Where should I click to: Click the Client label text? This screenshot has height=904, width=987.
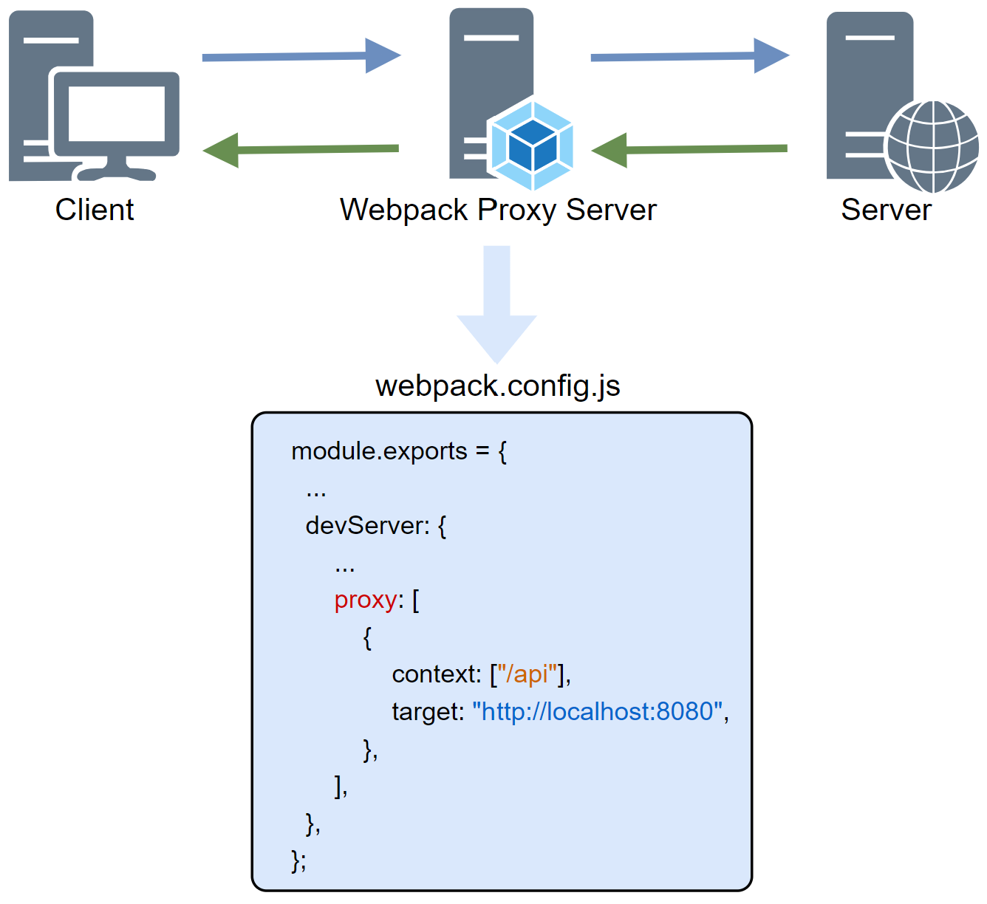(95, 210)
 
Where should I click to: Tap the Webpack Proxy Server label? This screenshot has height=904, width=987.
(497, 210)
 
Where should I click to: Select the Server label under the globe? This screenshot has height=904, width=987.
(886, 210)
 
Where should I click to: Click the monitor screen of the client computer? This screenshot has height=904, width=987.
(116, 114)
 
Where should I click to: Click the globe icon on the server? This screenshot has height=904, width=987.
(933, 146)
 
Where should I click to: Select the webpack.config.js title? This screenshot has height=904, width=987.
(497, 386)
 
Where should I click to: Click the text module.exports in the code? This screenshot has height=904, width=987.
(379, 451)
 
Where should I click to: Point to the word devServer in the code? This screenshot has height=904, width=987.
(367, 526)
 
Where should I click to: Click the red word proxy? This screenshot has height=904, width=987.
(366, 600)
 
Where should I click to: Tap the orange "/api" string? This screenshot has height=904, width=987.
(527, 674)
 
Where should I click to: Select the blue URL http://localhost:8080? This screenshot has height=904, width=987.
(597, 711)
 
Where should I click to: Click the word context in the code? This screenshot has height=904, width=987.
(436, 674)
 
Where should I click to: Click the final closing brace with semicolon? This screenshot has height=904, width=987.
(298, 860)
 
